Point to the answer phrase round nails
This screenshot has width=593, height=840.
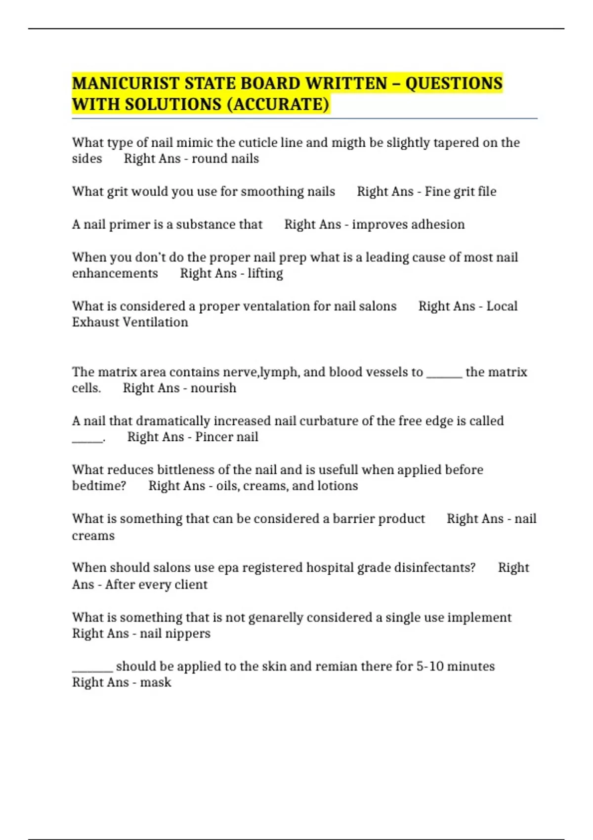[x=225, y=159]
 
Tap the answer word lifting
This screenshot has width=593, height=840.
[x=265, y=273]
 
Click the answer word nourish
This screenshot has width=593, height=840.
[x=213, y=388]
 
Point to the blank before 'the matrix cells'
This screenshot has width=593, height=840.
[x=444, y=372]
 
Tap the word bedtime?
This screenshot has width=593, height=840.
[x=99, y=486]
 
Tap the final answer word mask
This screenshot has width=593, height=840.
[x=156, y=682]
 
